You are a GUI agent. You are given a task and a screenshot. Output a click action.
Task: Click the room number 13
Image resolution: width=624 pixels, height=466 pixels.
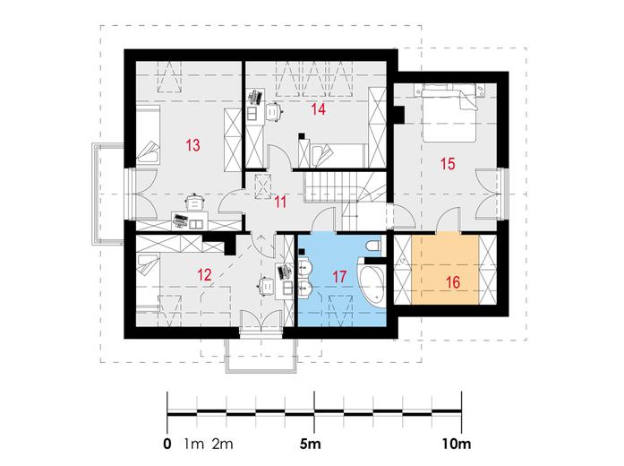click(x=193, y=145)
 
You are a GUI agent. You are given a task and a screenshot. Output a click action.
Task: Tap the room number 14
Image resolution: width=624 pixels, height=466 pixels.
click(x=319, y=108)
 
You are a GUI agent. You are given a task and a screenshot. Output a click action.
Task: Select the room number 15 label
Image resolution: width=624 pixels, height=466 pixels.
click(x=448, y=163)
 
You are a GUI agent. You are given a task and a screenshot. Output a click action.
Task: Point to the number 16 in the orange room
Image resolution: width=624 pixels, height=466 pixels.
click(x=453, y=282)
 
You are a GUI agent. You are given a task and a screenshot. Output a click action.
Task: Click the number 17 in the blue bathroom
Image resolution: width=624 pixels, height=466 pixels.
click(x=339, y=276)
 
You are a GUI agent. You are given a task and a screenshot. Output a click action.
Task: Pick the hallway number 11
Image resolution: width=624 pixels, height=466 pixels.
click(x=280, y=202)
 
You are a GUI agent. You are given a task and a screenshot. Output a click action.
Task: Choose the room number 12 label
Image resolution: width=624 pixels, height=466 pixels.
click(x=204, y=274)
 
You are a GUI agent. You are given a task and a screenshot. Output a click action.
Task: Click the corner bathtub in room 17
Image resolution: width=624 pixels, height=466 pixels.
click(x=371, y=282)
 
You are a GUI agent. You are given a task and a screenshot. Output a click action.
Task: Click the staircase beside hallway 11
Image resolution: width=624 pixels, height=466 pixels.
click(x=344, y=199)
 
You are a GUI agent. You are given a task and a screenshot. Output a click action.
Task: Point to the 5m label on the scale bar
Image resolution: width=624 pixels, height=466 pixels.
click(x=310, y=444)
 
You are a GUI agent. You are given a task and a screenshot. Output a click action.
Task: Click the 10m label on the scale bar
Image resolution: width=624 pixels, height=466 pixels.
click(x=457, y=444)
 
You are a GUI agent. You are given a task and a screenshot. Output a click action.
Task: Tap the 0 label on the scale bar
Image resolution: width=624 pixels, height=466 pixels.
click(x=167, y=444)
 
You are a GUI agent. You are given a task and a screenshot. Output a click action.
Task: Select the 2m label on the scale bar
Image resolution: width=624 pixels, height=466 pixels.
click(x=222, y=444)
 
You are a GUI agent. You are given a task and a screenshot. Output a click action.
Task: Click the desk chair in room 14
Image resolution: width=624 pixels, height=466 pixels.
click(x=273, y=111)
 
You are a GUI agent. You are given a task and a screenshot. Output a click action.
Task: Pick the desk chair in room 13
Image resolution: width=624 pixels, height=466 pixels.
click(x=194, y=202)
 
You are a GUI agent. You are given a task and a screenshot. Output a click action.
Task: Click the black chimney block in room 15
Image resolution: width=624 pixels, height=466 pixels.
click(x=398, y=115)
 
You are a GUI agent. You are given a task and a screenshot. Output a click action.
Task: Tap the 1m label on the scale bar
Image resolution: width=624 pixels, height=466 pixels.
click(x=193, y=444)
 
